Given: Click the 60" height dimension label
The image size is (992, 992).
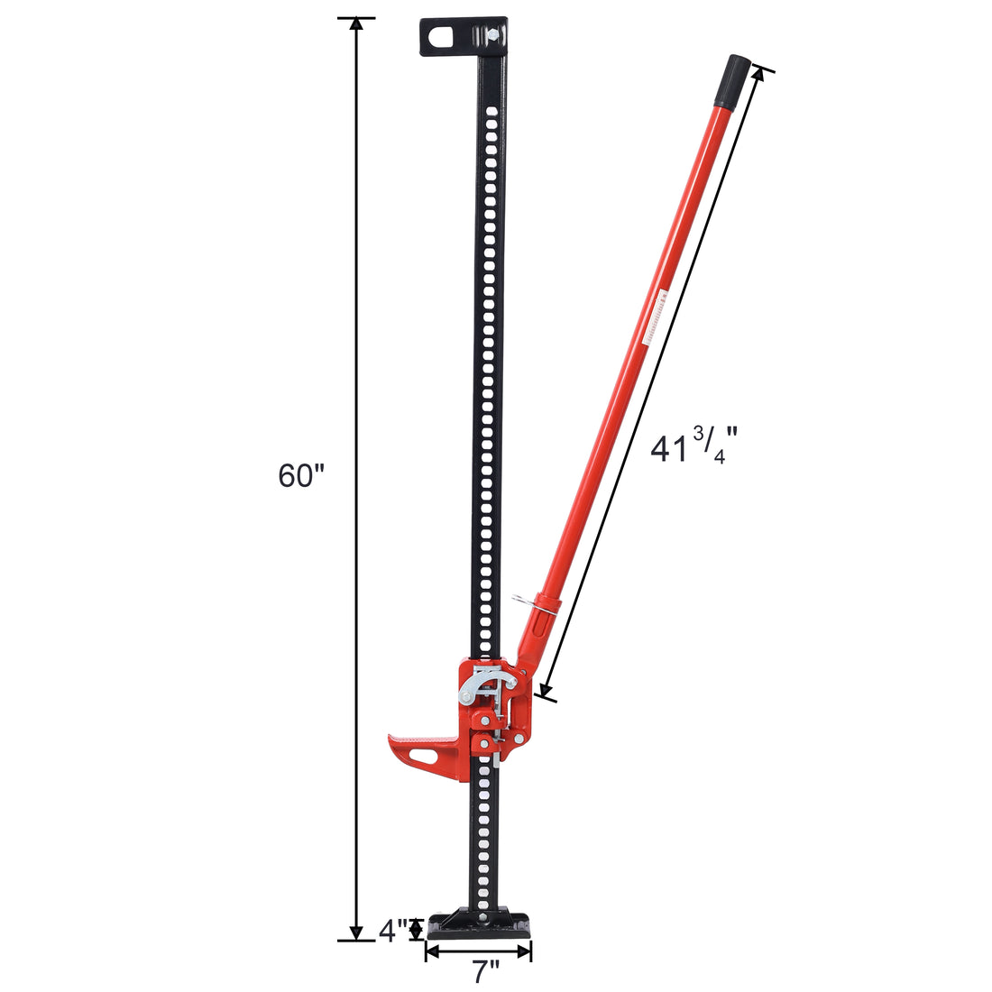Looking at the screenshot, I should pyautogui.click(x=300, y=475).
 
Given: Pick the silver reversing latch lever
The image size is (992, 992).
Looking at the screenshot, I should pyautogui.click(x=475, y=684).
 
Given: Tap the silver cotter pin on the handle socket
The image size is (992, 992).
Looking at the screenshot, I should pyautogui.click(x=528, y=602).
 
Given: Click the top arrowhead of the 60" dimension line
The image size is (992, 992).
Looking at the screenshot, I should pyautogui.click(x=356, y=24).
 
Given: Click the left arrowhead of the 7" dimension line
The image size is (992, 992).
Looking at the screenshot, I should pyautogui.click(x=431, y=951).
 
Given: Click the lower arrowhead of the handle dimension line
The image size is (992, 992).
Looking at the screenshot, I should pyautogui.click(x=543, y=692).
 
